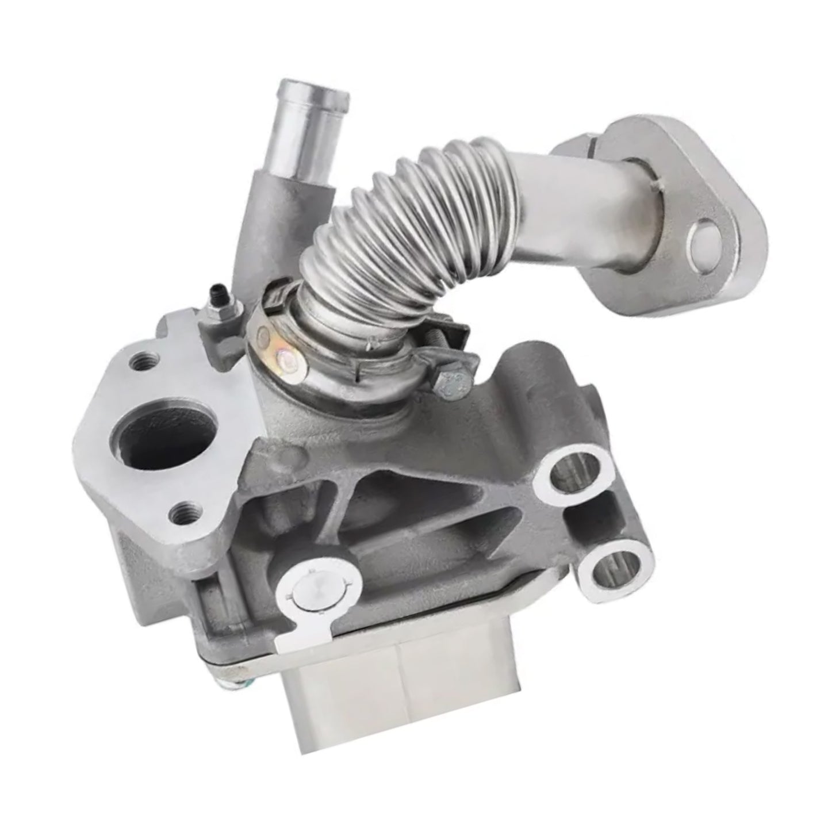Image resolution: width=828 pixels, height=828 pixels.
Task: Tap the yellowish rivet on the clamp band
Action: tap(285, 362)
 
